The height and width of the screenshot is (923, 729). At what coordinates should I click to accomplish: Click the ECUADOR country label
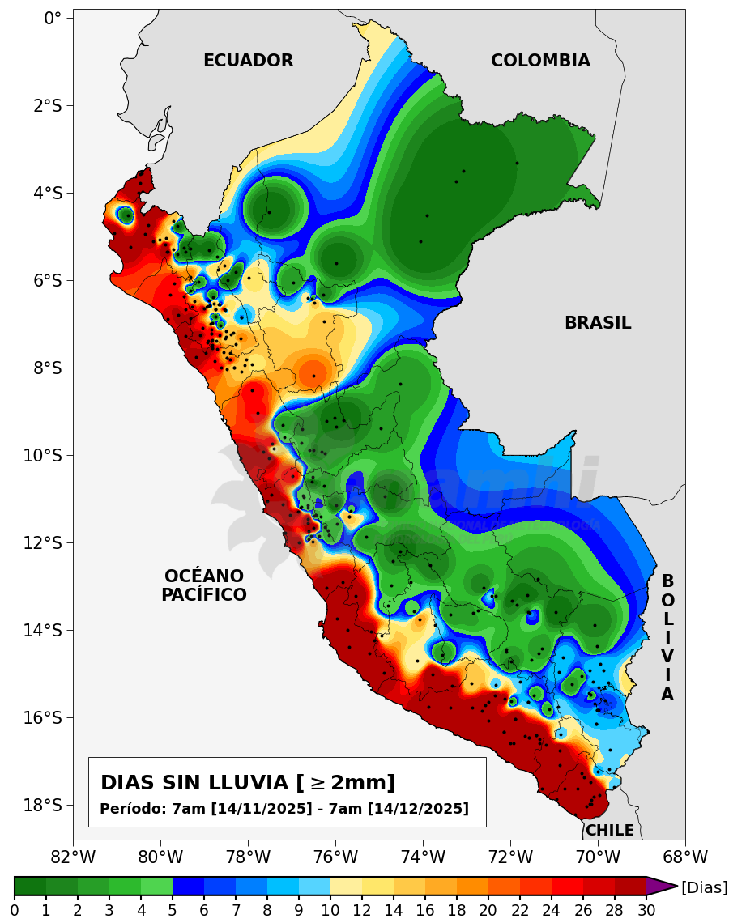click(x=248, y=61)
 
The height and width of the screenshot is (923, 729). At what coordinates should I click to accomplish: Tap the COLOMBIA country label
click(x=540, y=61)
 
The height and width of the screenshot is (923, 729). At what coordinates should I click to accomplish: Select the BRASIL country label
click(x=598, y=323)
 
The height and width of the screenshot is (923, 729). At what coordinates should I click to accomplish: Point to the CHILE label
click(x=610, y=830)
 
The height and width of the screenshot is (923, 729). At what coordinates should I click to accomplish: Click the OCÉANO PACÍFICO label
click(x=204, y=585)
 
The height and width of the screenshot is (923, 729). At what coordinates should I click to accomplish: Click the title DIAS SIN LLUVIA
click(x=248, y=783)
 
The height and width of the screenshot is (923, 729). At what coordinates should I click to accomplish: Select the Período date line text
click(x=284, y=809)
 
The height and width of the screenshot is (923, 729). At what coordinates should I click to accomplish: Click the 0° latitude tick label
click(x=53, y=18)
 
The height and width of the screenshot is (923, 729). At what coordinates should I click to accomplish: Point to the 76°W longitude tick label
click(x=335, y=857)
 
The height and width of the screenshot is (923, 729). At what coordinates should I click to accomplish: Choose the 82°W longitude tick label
click(x=73, y=857)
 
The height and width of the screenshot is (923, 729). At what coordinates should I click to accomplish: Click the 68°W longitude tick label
click(x=685, y=857)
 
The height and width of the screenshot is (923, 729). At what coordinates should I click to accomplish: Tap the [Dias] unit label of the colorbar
click(x=704, y=887)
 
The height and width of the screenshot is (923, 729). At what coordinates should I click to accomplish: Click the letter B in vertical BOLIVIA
click(x=667, y=581)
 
